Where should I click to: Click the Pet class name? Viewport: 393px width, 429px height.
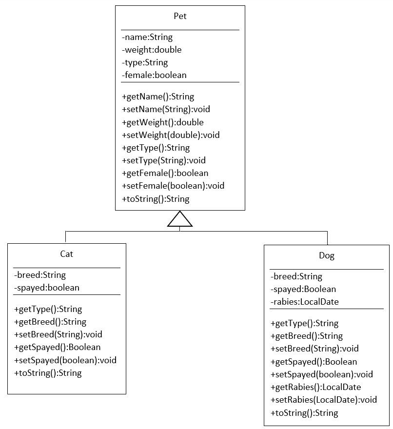click(180, 16)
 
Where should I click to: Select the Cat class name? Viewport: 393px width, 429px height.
click(67, 254)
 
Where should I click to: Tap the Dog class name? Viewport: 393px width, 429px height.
click(327, 255)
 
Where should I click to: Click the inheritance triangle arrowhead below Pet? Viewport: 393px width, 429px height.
click(180, 220)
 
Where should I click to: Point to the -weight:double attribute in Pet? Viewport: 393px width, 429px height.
click(152, 50)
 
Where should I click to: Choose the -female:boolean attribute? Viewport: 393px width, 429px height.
click(154, 75)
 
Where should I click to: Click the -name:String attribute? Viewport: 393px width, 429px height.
click(147, 37)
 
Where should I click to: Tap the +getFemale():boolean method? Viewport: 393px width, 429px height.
click(165, 173)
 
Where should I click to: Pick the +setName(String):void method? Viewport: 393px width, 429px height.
click(166, 109)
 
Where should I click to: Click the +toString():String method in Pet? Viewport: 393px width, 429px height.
click(156, 199)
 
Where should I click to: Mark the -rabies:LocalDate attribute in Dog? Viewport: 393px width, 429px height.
click(304, 302)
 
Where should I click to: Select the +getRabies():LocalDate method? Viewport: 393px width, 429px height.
click(315, 387)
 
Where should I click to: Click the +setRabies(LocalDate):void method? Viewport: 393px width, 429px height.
click(324, 400)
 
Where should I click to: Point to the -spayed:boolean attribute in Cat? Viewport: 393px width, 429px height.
click(47, 288)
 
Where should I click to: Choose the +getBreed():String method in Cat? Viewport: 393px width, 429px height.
click(50, 322)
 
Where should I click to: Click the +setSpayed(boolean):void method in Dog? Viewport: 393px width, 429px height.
click(321, 374)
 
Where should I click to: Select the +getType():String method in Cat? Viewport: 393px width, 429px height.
click(48, 309)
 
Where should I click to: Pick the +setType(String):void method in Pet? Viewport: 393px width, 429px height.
click(163, 160)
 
